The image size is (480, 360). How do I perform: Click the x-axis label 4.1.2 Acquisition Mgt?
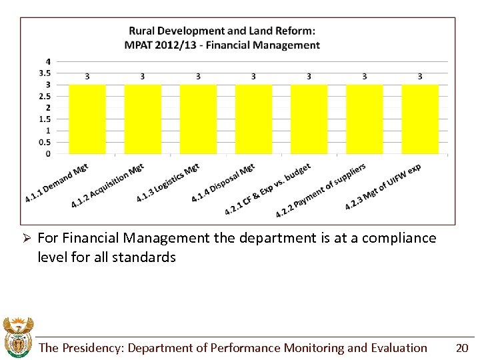coord(108,185)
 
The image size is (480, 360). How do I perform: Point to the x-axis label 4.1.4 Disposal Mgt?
coord(223,183)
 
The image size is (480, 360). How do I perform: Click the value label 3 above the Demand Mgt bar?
coord(87,77)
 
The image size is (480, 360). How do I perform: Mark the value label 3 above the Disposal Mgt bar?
coord(253,77)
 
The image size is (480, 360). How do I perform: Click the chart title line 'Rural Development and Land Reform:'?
coord(222,31)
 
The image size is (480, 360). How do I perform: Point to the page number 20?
coord(461,347)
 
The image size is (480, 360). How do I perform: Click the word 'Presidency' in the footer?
coord(93,347)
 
